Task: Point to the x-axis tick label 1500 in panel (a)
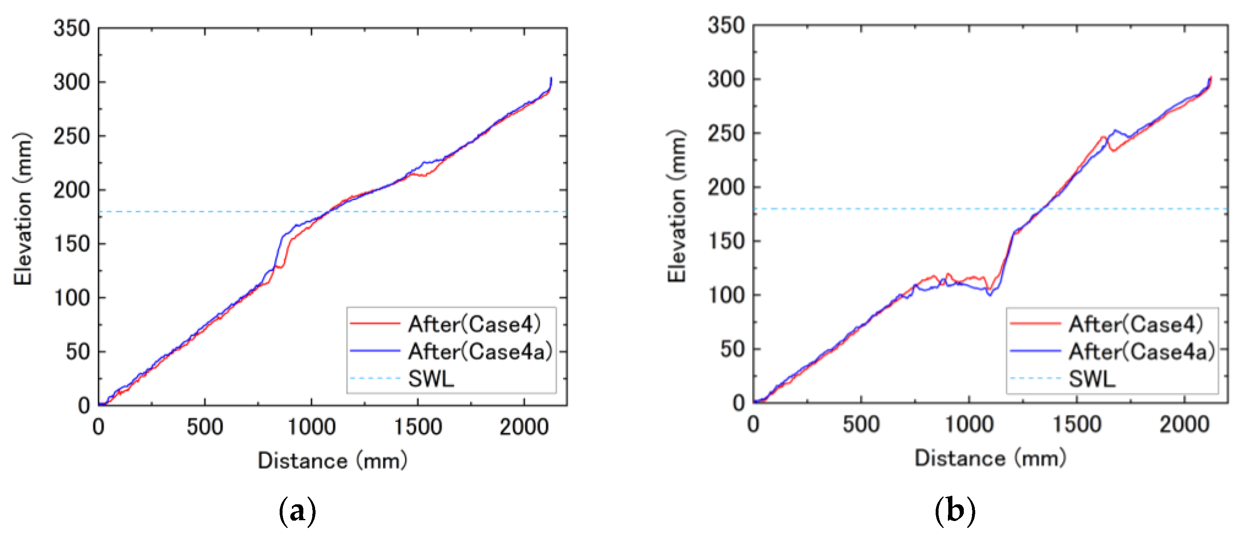click(x=417, y=427)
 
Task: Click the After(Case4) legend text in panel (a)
click(x=474, y=324)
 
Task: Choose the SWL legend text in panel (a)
click(x=431, y=379)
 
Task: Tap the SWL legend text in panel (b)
click(x=1092, y=379)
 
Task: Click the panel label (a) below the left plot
click(x=297, y=511)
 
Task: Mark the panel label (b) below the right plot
click(x=955, y=510)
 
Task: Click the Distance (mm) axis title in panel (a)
click(x=332, y=461)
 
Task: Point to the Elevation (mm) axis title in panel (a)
click(x=22, y=209)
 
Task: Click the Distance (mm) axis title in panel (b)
click(x=990, y=458)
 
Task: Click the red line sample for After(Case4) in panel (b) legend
click(x=1035, y=324)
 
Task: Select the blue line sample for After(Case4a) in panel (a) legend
click(x=375, y=351)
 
